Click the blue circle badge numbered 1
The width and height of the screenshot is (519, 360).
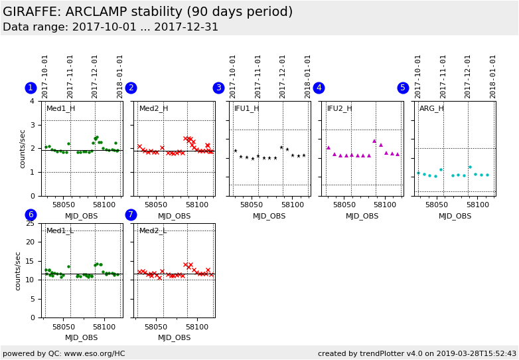[31, 88]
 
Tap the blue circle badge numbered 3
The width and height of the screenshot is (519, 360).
[218, 88]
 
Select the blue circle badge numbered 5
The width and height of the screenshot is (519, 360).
[403, 88]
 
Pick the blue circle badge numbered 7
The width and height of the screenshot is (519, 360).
[131, 215]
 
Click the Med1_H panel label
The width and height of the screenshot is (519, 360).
[60, 108]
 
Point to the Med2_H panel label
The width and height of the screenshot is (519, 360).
[153, 108]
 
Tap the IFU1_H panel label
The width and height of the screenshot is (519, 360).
[246, 108]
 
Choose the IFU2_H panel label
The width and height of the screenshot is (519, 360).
[339, 108]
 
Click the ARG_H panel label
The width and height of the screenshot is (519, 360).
[431, 108]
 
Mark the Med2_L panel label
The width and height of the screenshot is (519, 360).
[153, 230]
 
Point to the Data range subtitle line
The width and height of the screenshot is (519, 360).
[110, 27]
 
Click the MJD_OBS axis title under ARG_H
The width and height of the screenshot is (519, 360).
[455, 216]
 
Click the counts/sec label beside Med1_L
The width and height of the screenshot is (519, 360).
[19, 270]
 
